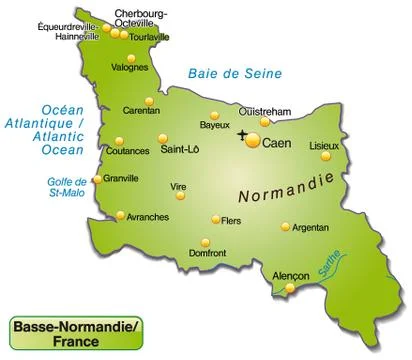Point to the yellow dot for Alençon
[x=290, y=288]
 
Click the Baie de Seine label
[x=234, y=73]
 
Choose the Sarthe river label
[x=327, y=262]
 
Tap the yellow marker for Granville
[x=97, y=180]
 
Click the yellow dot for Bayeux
[x=214, y=113]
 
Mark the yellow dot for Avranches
[x=120, y=214]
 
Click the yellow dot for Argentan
[x=286, y=226]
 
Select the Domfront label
[x=208, y=254]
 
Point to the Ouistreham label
[x=264, y=110]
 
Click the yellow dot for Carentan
[x=149, y=100]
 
